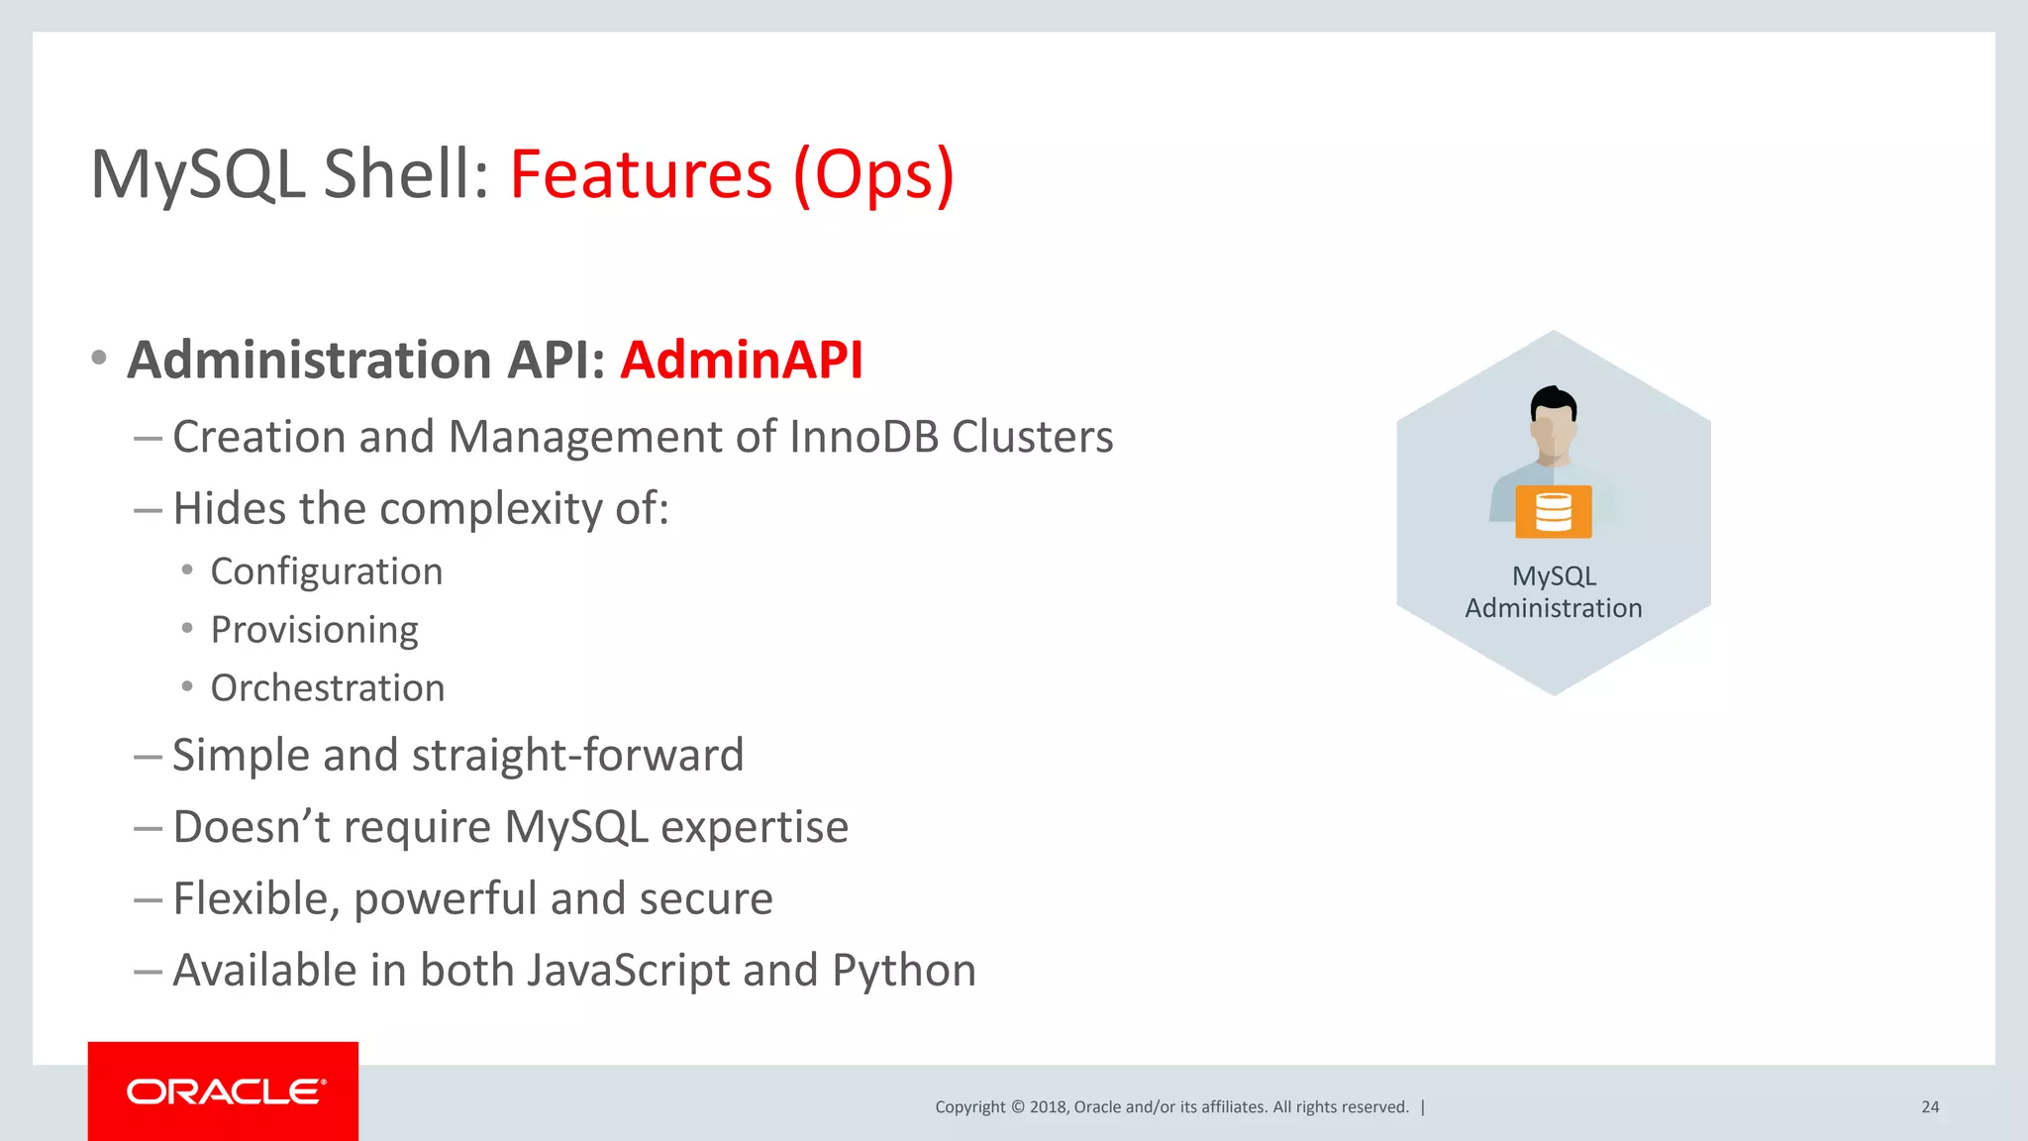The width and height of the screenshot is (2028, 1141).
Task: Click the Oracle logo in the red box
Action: [x=225, y=1091]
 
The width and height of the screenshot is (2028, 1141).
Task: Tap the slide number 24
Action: [x=1930, y=1107]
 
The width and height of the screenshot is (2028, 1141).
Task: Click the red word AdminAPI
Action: [x=742, y=360]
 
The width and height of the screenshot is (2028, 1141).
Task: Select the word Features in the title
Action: [x=641, y=174]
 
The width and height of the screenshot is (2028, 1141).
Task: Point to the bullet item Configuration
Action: [x=326, y=571]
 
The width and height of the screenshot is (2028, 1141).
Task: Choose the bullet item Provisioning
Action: [x=314, y=630]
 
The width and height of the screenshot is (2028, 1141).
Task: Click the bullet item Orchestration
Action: [x=327, y=688]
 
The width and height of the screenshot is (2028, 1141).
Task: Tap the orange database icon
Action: [x=1553, y=512]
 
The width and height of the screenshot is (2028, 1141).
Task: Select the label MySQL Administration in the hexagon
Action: [x=1553, y=592]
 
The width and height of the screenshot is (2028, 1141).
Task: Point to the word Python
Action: [x=903, y=971]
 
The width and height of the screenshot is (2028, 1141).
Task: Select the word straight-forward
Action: [x=577, y=756]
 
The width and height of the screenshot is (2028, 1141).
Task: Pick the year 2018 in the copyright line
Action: [x=1048, y=1107]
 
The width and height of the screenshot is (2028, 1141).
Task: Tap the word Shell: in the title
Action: [x=406, y=174]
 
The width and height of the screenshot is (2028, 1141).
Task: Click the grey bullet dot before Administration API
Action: [x=98, y=359]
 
